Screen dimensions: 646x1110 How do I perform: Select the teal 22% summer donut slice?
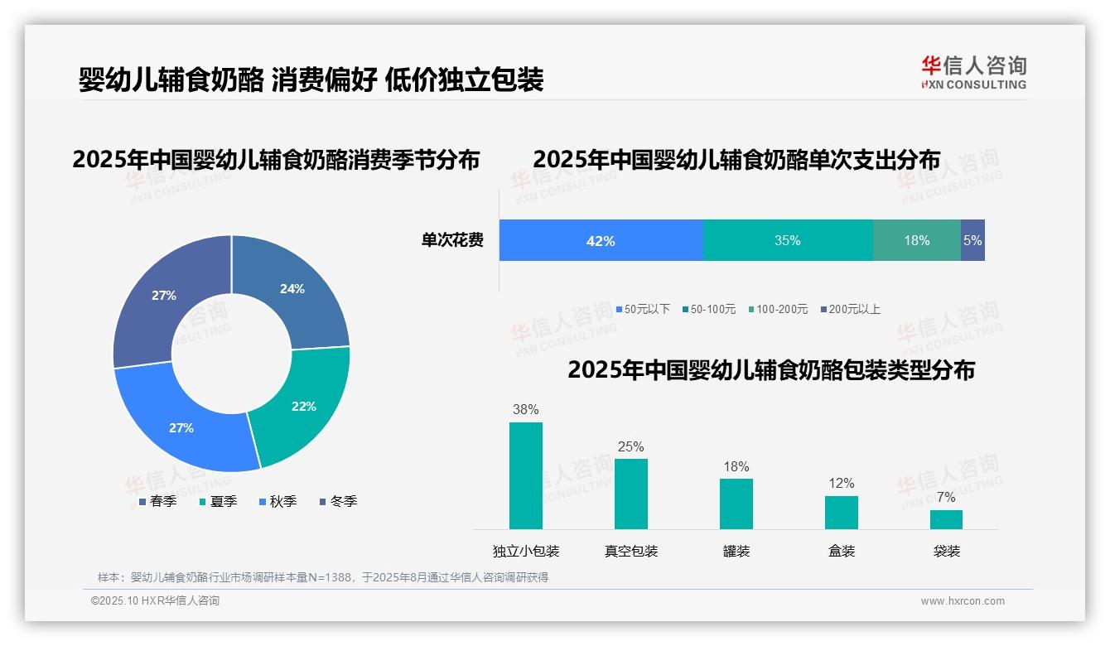point(302,406)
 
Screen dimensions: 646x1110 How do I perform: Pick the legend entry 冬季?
point(337,501)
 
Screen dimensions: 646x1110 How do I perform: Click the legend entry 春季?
point(157,501)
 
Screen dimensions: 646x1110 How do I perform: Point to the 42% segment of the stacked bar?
point(601,241)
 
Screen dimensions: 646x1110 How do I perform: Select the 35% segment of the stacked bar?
point(787,241)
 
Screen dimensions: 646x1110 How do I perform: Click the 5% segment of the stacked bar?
point(972,241)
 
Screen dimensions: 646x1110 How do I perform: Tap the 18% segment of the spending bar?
point(916,241)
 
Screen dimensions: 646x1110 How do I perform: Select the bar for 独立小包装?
point(526,475)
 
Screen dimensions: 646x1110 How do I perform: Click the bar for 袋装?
point(946,519)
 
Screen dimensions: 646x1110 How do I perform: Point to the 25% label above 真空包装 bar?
point(630,447)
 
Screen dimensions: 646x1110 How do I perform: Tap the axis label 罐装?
point(736,551)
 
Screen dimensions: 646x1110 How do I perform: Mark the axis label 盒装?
point(842,551)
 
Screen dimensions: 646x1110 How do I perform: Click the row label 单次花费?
point(452,241)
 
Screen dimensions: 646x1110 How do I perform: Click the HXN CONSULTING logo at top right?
point(973,73)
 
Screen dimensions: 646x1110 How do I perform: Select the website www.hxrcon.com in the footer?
point(963,601)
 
